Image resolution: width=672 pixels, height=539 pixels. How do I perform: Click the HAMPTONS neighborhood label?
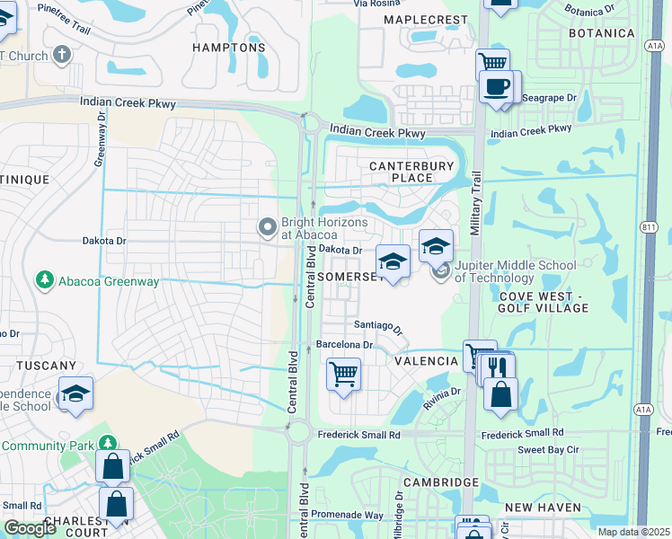tap(230, 48)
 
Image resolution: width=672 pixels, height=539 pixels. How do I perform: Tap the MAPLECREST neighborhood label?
tap(426, 20)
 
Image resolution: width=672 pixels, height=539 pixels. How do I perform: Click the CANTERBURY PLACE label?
tap(402, 172)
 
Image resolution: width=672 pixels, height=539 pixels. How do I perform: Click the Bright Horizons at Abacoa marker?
tap(267, 227)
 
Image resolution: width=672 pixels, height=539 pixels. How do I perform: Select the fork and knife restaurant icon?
tap(497, 367)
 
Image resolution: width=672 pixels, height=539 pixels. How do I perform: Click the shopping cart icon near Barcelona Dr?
tap(343, 373)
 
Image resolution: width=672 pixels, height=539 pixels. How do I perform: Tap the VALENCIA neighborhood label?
tap(427, 360)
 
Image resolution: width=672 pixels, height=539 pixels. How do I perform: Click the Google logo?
tap(30, 528)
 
